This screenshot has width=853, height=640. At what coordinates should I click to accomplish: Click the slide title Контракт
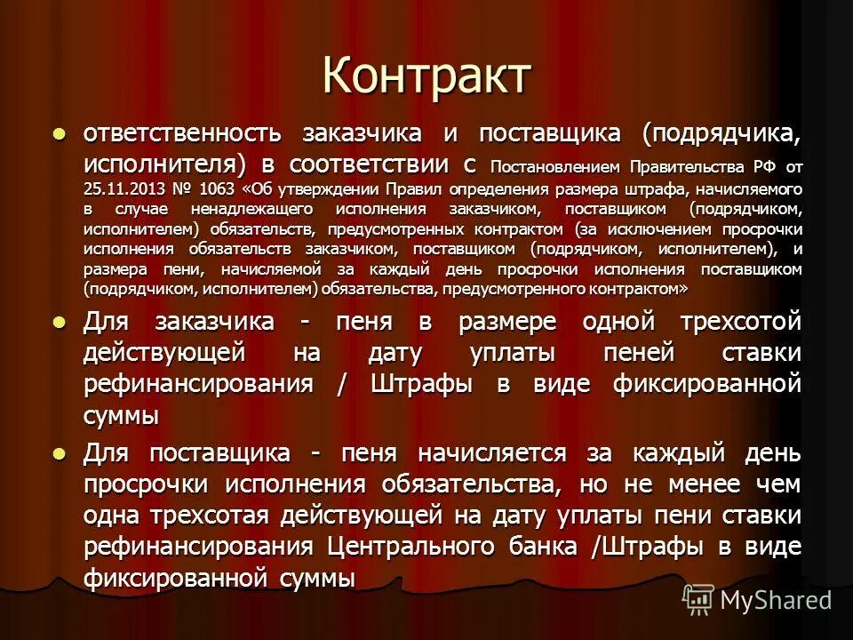point(426,75)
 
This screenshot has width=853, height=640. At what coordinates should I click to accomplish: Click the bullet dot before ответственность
point(60,134)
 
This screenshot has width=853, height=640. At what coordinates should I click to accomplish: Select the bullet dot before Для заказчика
point(60,321)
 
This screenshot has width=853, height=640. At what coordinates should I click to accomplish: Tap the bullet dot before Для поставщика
point(60,452)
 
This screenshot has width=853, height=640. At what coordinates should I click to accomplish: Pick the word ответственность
point(182,134)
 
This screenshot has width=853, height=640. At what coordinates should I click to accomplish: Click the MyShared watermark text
point(775,600)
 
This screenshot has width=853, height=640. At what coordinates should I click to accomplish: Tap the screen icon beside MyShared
point(698,600)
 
